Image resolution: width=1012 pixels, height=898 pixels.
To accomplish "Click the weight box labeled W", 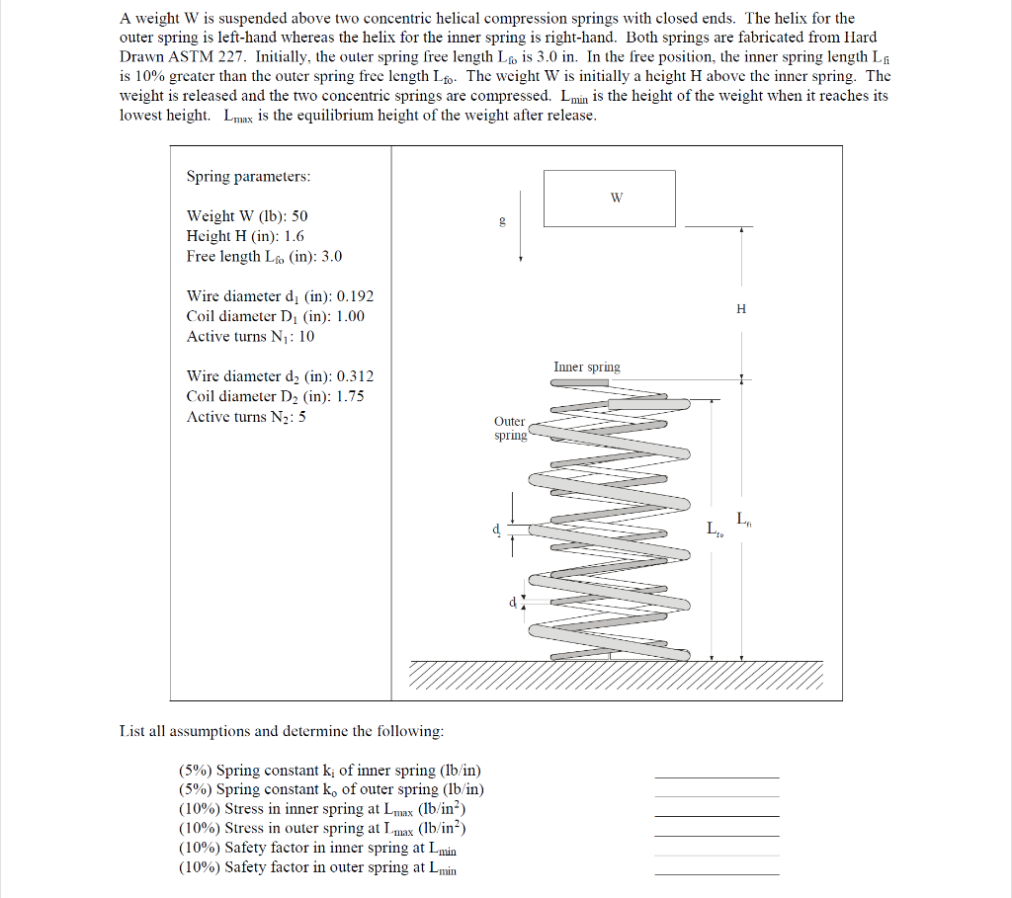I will (x=609, y=198).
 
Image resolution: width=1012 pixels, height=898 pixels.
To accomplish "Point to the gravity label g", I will (x=502, y=220).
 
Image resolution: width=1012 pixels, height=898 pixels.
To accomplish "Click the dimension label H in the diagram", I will (x=741, y=309).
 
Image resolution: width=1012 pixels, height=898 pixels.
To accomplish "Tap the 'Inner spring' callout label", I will (x=587, y=367).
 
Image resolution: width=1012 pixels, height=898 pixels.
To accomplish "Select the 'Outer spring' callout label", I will (x=510, y=429).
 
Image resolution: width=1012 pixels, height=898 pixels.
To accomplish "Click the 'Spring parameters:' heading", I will (x=248, y=177).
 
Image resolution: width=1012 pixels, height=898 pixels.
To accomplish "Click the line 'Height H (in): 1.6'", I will (x=245, y=236).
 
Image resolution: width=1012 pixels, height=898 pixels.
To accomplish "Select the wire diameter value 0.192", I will (x=356, y=296).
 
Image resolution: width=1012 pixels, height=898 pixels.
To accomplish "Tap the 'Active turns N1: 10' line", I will (x=251, y=337).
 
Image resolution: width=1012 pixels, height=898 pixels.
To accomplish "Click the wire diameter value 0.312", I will (x=356, y=376).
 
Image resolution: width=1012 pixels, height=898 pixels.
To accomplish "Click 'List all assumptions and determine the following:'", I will (x=282, y=732).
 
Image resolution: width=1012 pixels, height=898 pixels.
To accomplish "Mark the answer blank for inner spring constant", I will (x=717, y=776).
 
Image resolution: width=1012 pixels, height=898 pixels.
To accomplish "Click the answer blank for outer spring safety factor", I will (x=717, y=873).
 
